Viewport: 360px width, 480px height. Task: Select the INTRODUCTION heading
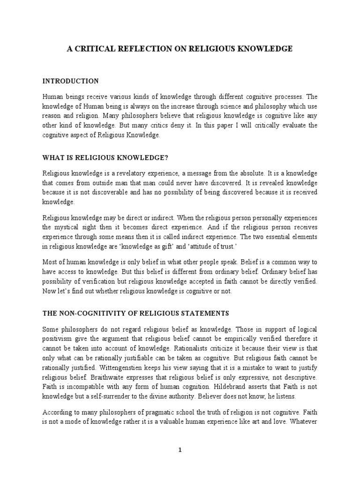tap(70, 81)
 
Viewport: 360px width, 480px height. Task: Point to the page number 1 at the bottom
tap(180, 450)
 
